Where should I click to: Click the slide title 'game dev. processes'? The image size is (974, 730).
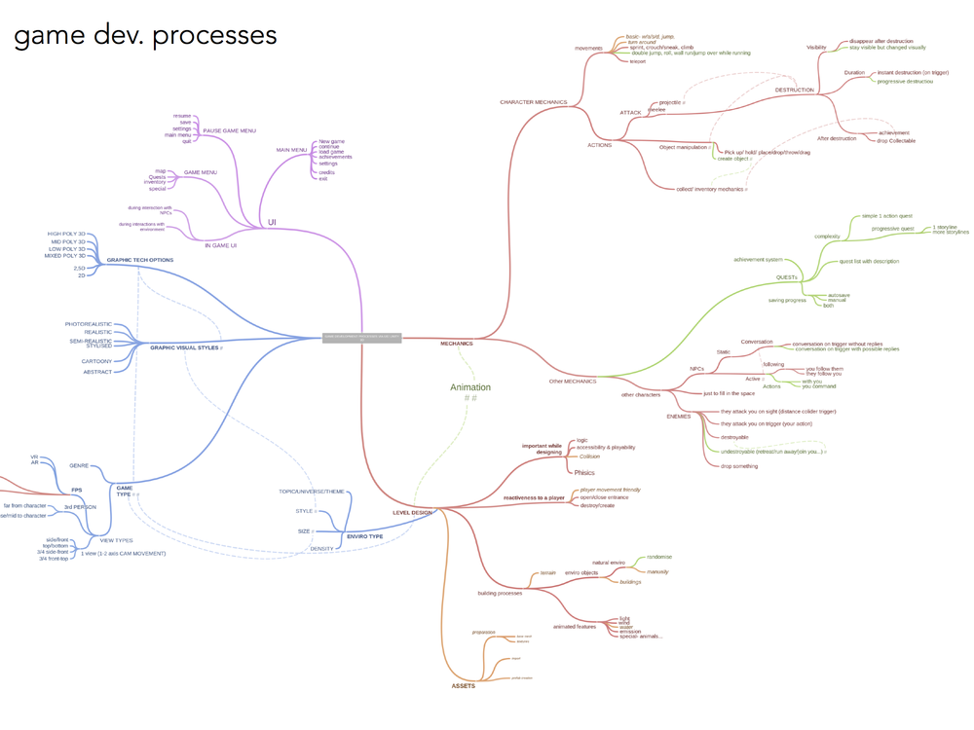[145, 36]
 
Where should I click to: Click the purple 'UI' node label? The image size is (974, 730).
[273, 223]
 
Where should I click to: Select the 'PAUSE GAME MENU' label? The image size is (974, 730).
[229, 130]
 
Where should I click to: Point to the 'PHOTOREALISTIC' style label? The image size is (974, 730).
[89, 324]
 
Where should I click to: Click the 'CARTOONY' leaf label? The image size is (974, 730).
[96, 361]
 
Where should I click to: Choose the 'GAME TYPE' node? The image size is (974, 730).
[124, 491]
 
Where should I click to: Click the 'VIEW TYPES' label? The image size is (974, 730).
[116, 540]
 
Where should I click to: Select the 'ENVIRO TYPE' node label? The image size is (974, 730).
[365, 536]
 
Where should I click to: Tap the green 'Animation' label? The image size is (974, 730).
[470, 387]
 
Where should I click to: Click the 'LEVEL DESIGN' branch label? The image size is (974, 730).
[412, 512]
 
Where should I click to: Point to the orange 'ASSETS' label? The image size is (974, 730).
[464, 686]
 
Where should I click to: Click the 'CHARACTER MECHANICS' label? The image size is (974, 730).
[534, 102]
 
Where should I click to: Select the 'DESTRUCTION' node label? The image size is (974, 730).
[794, 91]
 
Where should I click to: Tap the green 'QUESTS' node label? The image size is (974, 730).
[786, 277]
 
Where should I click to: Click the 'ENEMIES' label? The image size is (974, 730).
[679, 417]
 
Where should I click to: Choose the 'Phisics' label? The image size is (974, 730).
[584, 472]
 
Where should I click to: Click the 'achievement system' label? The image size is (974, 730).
[758, 260]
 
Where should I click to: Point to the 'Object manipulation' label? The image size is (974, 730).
[681, 147]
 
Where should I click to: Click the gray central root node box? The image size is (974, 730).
[361, 337]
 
